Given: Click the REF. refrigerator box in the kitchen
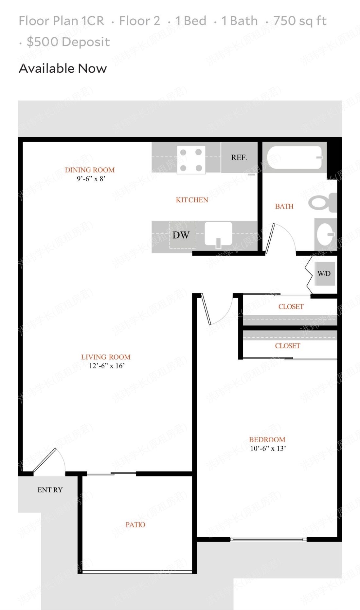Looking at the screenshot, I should pyautogui.click(x=239, y=157).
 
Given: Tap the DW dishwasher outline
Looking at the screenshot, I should pyautogui.click(x=182, y=235).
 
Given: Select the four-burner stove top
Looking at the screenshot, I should pyautogui.click(x=191, y=160).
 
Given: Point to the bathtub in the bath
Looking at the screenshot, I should pyautogui.click(x=295, y=157).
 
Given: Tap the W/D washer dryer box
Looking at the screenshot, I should pyautogui.click(x=324, y=274).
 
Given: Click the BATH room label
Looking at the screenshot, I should pyautogui.click(x=284, y=206).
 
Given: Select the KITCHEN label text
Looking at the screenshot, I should pyautogui.click(x=192, y=200).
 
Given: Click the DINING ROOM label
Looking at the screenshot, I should pyautogui.click(x=90, y=170).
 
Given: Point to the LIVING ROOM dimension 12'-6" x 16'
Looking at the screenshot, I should pyautogui.click(x=107, y=366).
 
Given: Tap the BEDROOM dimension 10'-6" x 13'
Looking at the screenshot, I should pyautogui.click(x=268, y=449).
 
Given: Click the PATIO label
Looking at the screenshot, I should pyautogui.click(x=135, y=525).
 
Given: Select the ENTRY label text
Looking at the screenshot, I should pyautogui.click(x=50, y=490).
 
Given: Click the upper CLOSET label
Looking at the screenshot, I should pyautogui.click(x=291, y=307).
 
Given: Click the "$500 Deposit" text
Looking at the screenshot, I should pyautogui.click(x=68, y=42).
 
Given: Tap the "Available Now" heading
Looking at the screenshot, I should pyautogui.click(x=63, y=68).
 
